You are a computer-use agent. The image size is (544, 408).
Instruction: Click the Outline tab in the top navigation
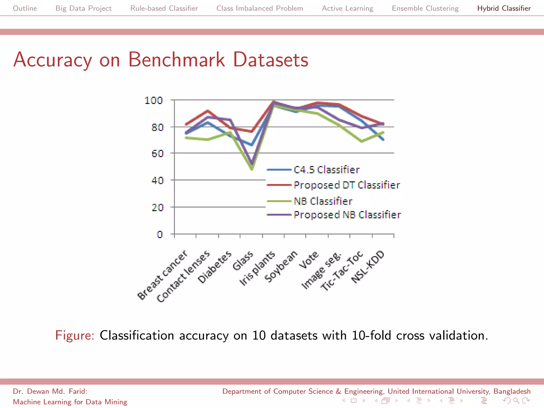pos(25,8)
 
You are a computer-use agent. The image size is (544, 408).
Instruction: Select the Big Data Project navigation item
pos(83,8)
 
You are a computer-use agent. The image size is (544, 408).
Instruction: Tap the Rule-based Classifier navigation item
pos(164,8)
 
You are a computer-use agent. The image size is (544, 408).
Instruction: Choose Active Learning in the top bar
pos(347,8)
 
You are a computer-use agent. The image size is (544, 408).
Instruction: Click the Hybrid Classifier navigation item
pos(504,8)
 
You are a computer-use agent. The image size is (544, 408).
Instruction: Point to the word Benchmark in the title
pos(176,59)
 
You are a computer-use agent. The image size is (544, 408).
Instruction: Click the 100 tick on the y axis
pos(153,100)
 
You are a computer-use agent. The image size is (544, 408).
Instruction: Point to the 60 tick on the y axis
pos(157,154)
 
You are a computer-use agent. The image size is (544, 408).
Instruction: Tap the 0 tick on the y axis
pos(159,234)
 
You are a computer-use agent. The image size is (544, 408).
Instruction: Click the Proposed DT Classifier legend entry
pos(346,185)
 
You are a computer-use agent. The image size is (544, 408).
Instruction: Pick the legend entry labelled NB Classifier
pos(323,201)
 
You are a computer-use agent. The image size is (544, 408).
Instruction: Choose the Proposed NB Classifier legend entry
pos(347,215)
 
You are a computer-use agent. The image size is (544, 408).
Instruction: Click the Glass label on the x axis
pos(243,261)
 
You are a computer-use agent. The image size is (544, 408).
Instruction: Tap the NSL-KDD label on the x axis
pos(368,267)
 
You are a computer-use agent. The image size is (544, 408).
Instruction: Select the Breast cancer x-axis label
pos(162,275)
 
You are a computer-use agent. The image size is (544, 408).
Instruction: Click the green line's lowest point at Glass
pos(252,168)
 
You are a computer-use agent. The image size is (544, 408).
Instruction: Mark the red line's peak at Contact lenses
pos(208,111)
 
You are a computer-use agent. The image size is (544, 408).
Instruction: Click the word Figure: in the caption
pos(75,335)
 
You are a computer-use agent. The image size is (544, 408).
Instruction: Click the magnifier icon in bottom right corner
pos(516,401)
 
